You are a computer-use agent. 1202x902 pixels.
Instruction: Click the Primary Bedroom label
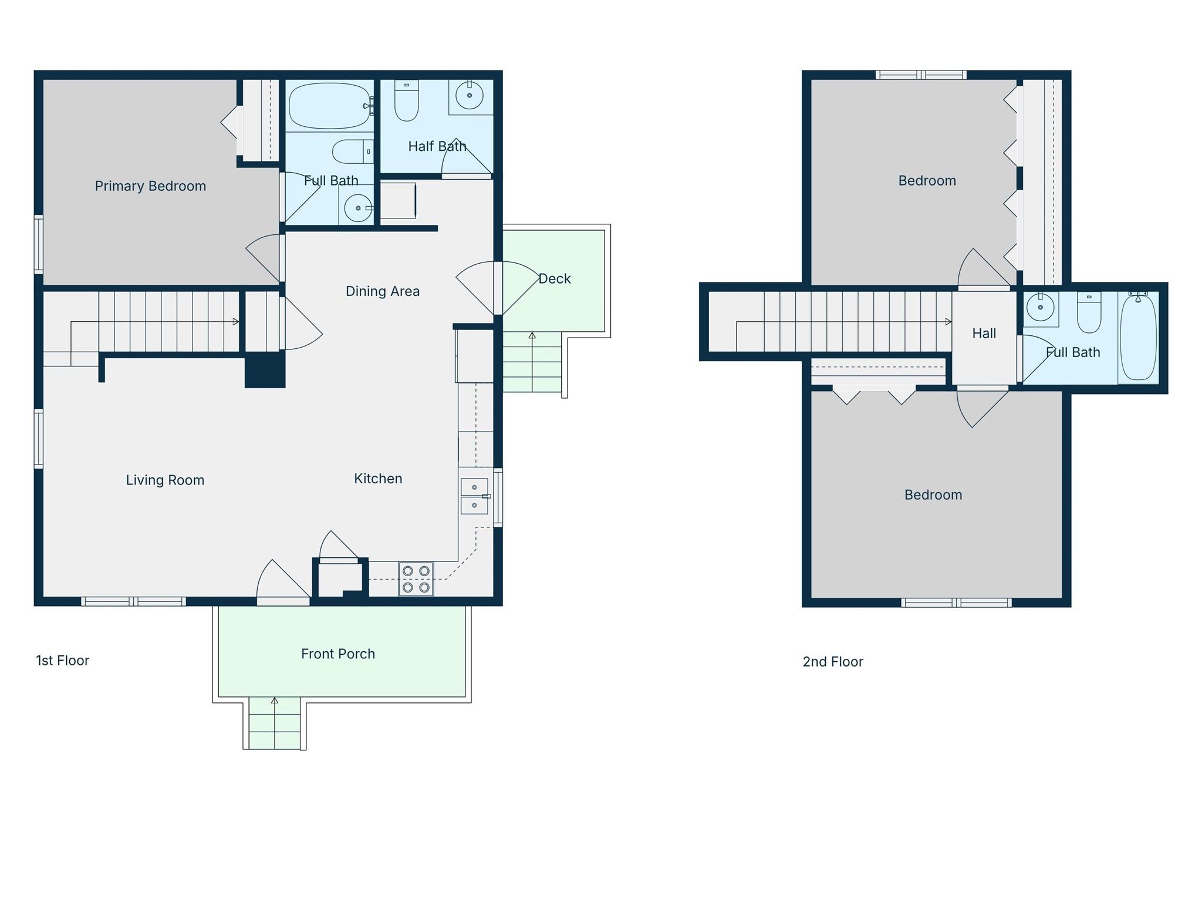150,186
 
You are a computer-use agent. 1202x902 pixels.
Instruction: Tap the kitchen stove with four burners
416,579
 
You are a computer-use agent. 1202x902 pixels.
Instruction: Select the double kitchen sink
474,496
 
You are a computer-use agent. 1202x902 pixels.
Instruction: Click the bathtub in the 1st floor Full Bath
329,106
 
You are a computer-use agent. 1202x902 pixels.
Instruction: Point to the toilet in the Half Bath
406,101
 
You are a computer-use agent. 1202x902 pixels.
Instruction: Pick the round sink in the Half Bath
470,95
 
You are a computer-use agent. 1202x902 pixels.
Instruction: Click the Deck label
554,279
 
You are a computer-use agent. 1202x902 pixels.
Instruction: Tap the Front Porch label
337,654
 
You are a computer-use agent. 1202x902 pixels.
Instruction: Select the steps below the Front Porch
274,723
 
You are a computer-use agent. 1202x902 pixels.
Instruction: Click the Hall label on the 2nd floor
984,334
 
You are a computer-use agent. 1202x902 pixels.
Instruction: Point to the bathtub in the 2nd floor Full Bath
1138,337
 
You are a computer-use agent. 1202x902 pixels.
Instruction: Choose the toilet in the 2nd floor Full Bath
1089,313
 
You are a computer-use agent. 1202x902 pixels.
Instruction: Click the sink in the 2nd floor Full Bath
1041,307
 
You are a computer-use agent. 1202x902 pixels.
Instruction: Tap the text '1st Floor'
62,661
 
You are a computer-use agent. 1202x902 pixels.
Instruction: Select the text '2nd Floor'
832,662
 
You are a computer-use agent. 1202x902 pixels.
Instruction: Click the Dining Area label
382,291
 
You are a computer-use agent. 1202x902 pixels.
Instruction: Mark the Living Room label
165,480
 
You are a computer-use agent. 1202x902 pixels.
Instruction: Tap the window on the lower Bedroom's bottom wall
956,603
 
